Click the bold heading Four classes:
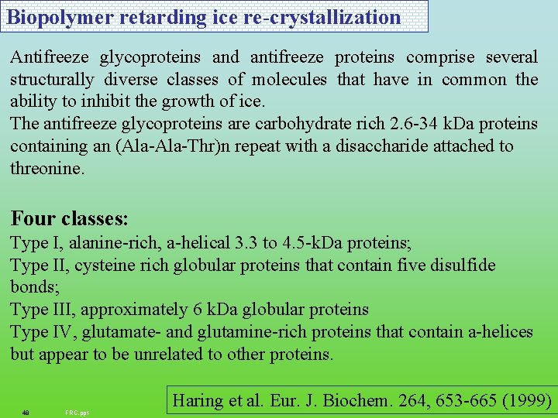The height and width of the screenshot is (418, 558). tap(70, 218)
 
